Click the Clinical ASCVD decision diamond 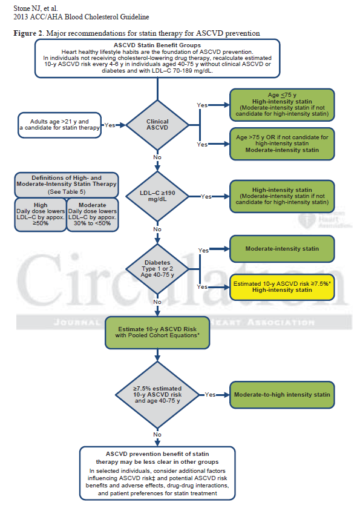pyautogui.click(x=157, y=125)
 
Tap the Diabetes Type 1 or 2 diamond pyautogui.click(x=157, y=267)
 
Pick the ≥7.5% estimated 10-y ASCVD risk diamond pyautogui.click(x=157, y=394)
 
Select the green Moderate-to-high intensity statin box pyautogui.click(x=282, y=395)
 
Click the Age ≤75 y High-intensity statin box pyautogui.click(x=282, y=105)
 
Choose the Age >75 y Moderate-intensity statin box pyautogui.click(x=282, y=144)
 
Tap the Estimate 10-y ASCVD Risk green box pyautogui.click(x=157, y=332)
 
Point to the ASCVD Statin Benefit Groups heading pyautogui.click(x=157, y=46)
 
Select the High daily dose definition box pyautogui.click(x=40, y=214)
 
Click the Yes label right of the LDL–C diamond pyautogui.click(x=206, y=197)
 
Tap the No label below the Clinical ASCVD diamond pyautogui.click(x=157, y=157)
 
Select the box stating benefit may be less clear pyautogui.click(x=157, y=474)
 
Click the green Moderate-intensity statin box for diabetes pyautogui.click(x=282, y=249)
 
